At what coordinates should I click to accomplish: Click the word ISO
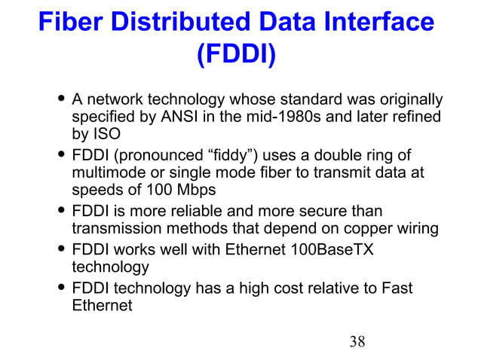coord(105,136)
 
